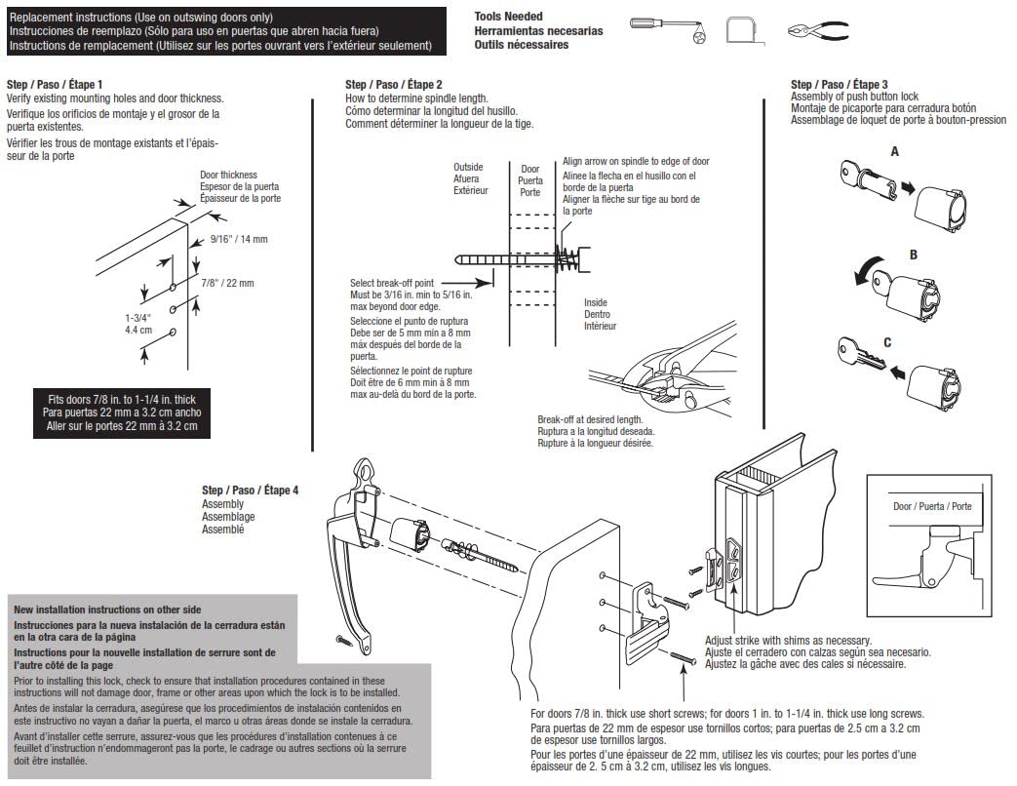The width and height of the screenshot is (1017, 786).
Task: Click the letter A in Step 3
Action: click(895, 152)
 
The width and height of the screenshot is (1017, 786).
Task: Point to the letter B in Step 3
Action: click(914, 255)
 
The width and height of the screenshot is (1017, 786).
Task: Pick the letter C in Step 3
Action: click(914, 342)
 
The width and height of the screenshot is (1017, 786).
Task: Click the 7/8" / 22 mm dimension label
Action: click(227, 283)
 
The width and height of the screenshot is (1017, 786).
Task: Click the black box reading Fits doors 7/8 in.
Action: click(122, 413)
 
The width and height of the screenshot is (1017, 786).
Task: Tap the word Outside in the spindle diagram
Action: click(468, 167)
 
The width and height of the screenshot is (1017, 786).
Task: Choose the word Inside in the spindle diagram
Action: click(598, 302)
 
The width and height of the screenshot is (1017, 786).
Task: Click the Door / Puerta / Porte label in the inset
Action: click(932, 507)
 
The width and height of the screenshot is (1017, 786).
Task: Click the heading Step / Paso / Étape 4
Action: click(250, 491)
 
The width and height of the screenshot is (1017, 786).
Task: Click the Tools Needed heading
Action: click(507, 18)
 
